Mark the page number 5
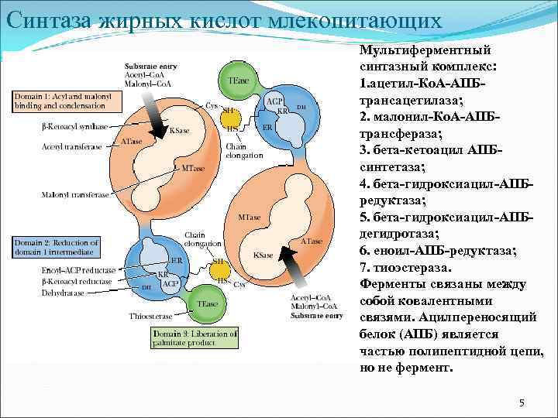coord(522,403)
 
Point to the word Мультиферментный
coord(429,50)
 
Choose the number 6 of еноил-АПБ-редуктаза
coord(364,251)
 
